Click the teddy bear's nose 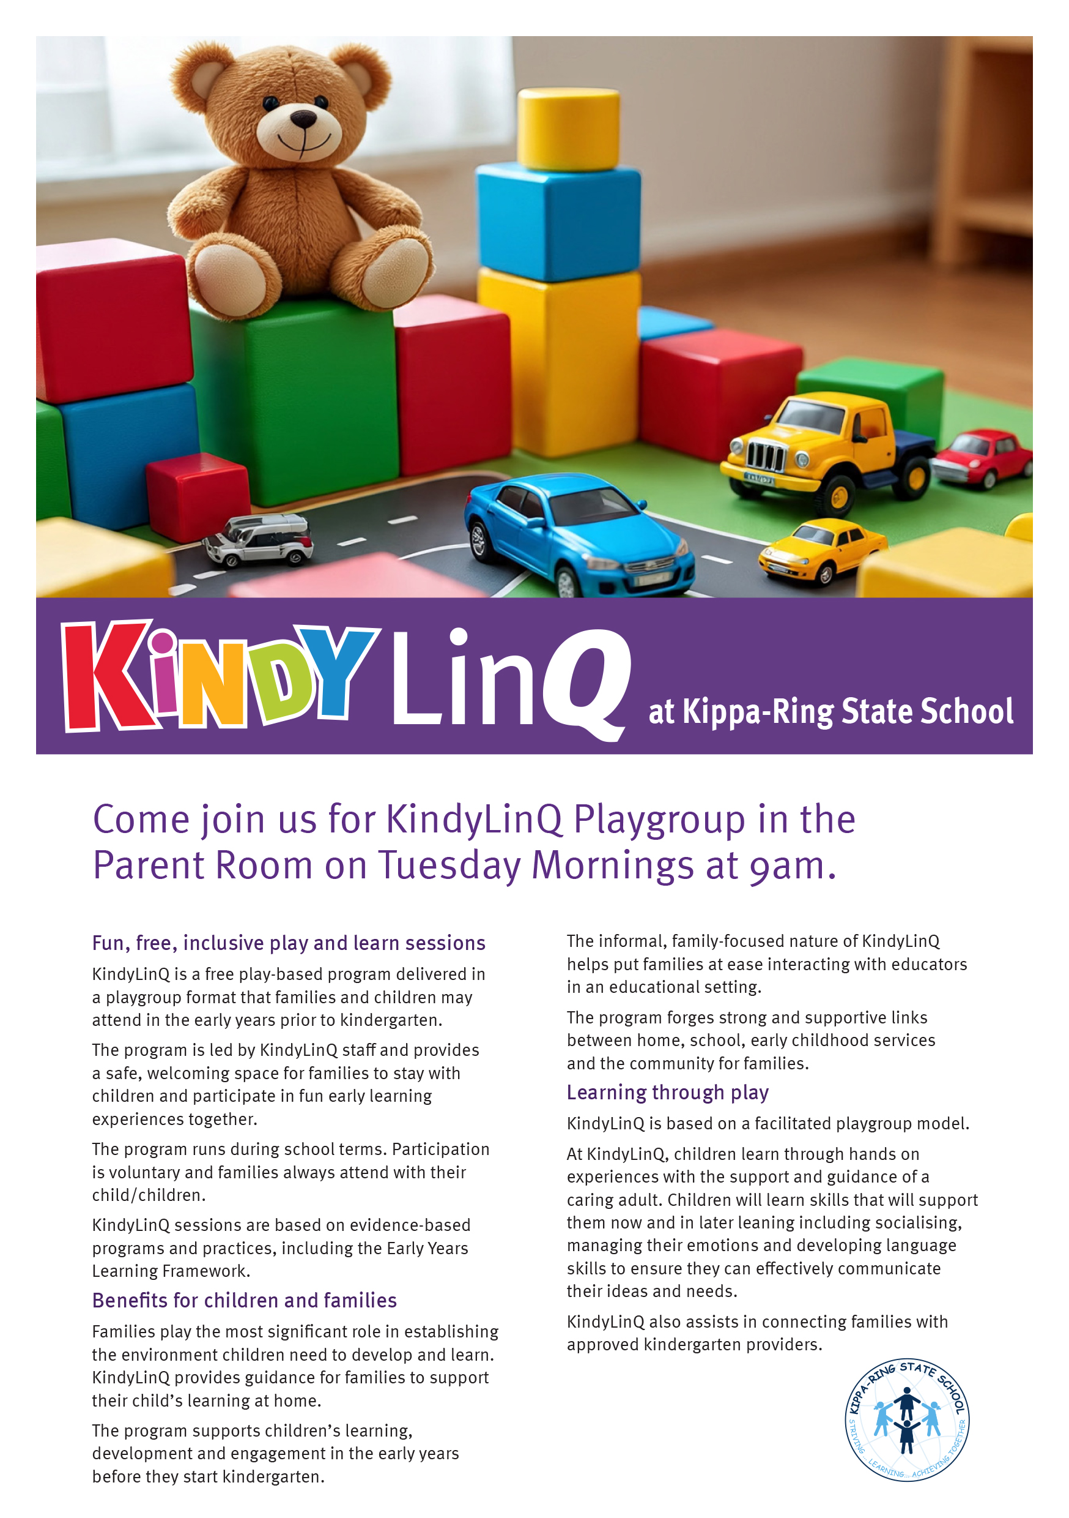(303, 118)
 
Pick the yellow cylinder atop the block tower (568, 129)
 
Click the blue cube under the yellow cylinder (558, 222)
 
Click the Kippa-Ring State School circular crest (906, 1419)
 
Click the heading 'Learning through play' (667, 1092)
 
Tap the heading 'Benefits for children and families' (245, 1301)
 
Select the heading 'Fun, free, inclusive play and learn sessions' (289, 943)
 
